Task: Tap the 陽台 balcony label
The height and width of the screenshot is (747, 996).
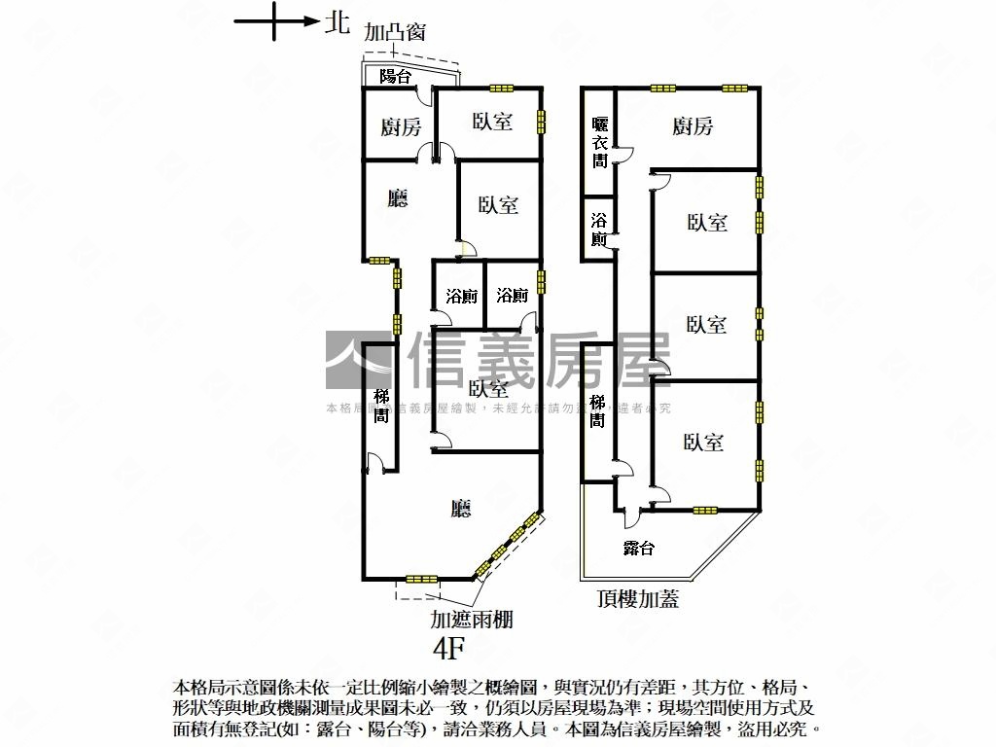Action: tap(395, 76)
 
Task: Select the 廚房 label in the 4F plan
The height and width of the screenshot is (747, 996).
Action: tap(401, 126)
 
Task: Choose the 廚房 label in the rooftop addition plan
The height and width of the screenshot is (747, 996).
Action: tap(693, 125)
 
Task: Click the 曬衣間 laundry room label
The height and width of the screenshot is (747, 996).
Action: tap(600, 142)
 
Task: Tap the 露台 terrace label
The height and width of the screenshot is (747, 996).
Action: tap(638, 549)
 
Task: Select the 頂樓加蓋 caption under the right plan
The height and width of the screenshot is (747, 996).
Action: tap(638, 599)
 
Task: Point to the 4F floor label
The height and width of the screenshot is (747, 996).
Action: tap(451, 647)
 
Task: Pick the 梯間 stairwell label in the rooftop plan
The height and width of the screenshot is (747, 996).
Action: tap(598, 410)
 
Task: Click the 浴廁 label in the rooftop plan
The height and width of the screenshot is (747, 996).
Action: tap(599, 229)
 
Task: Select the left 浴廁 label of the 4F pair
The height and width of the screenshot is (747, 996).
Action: tap(461, 296)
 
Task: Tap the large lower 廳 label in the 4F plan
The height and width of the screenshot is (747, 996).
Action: tap(461, 508)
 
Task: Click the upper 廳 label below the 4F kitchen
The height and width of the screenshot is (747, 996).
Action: tap(397, 199)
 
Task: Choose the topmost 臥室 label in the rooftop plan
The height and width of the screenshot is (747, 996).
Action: tap(707, 223)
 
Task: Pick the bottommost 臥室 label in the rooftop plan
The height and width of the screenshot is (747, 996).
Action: tap(704, 443)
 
